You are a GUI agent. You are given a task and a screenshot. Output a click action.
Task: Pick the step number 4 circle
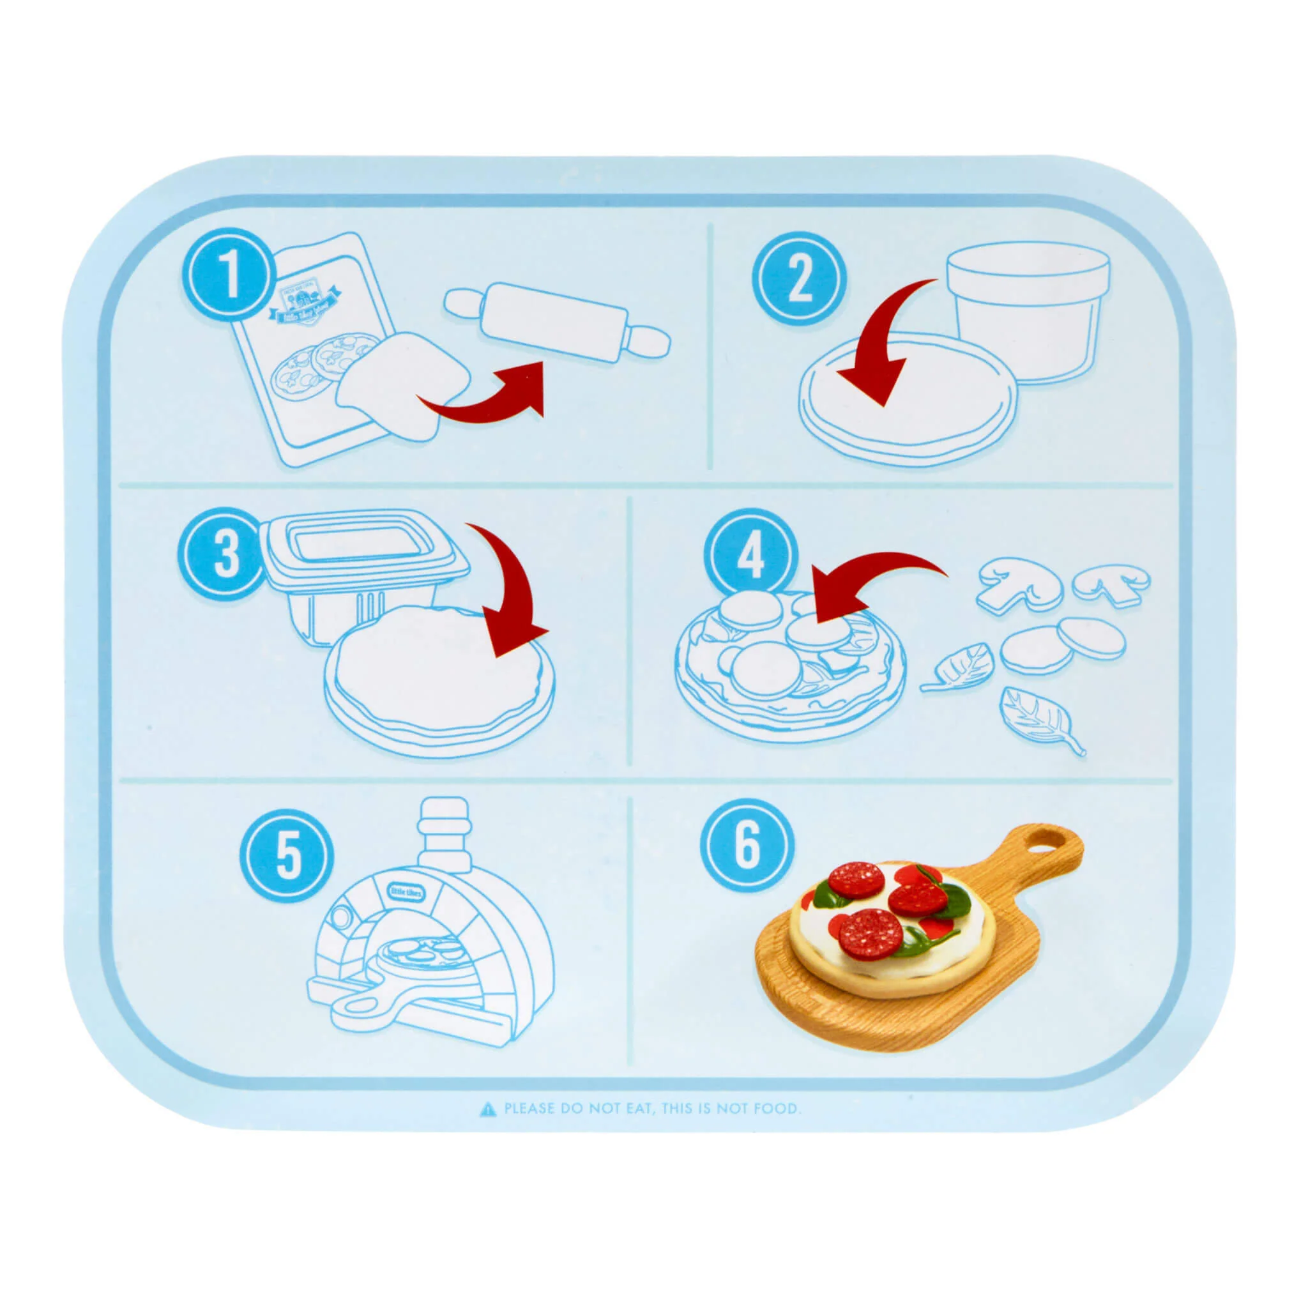click(x=749, y=557)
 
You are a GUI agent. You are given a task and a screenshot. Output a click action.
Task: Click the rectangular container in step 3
click(x=359, y=562)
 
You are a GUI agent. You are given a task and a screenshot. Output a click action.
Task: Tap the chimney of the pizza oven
click(x=444, y=832)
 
